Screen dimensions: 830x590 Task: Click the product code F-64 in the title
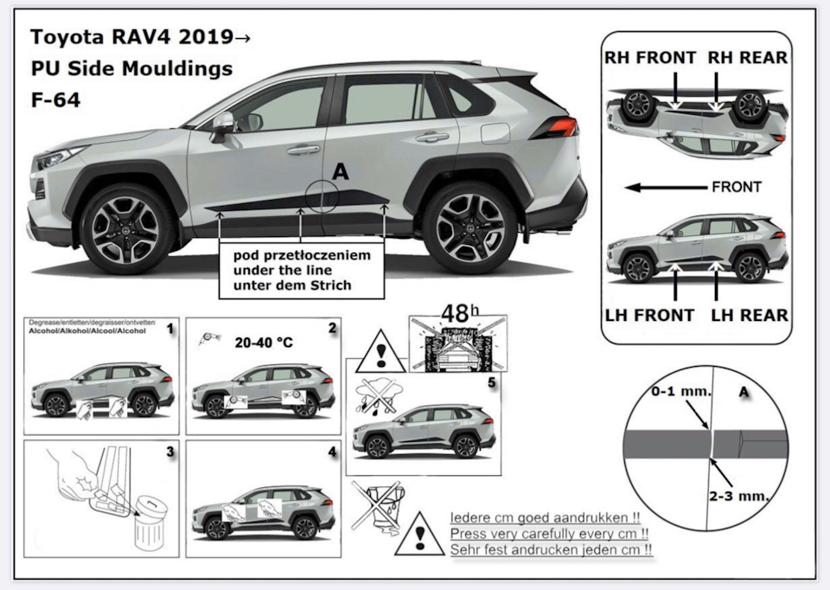coord(55,99)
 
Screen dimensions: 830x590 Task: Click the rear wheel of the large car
coord(469,226)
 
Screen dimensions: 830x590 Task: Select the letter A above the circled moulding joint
coord(340,172)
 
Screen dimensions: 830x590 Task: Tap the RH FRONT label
coord(649,58)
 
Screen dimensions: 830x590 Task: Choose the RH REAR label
coord(747,58)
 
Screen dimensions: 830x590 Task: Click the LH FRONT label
coord(650,315)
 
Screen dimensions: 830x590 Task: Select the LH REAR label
coord(749,315)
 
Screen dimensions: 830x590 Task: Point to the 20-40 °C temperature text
coord(264,343)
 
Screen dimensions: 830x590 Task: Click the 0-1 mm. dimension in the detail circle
coord(682,391)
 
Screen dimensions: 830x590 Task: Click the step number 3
coord(170,451)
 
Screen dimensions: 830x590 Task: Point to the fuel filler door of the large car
coord(494,132)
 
